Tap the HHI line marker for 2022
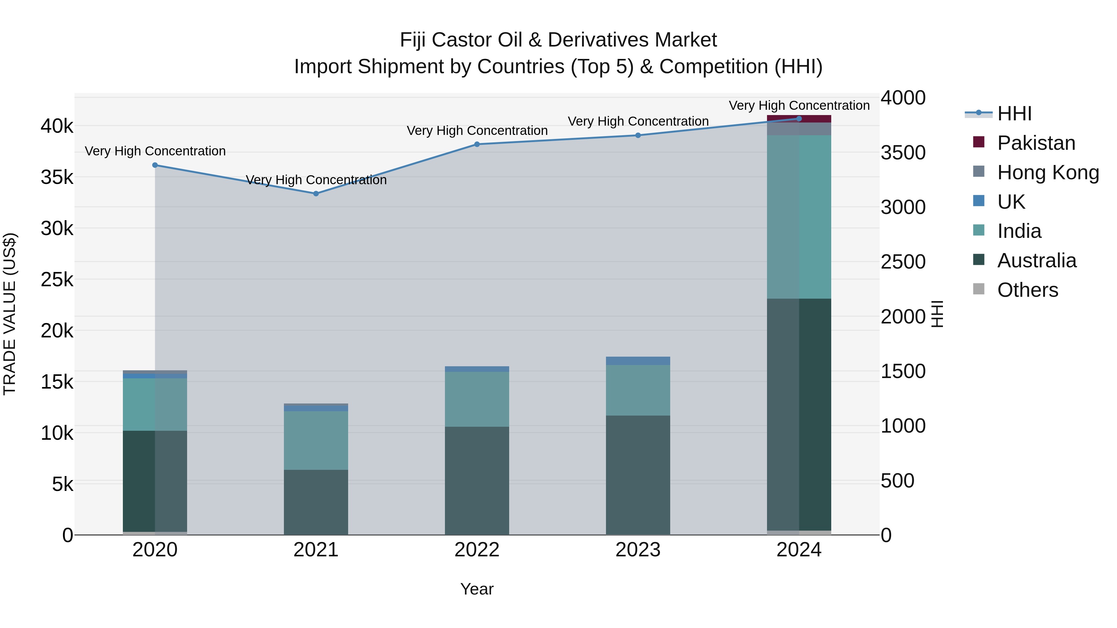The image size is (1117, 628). tap(477, 144)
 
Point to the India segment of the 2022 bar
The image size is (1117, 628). tap(477, 399)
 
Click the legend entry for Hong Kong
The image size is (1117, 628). tap(1047, 172)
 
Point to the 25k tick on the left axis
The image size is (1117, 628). tap(57, 279)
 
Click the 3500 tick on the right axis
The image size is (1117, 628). tap(903, 153)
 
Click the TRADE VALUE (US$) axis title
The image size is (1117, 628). tap(10, 314)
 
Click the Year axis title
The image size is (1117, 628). tap(477, 589)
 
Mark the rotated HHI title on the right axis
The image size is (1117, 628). tap(937, 314)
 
